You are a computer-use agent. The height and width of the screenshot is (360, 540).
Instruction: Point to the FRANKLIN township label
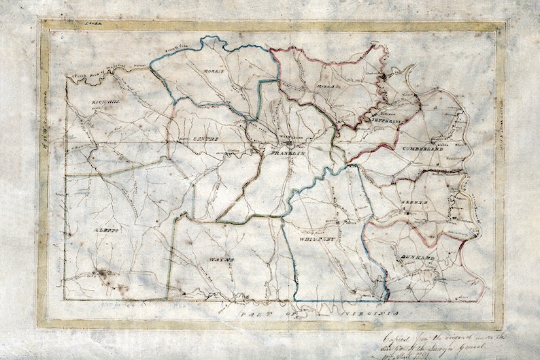point(285,154)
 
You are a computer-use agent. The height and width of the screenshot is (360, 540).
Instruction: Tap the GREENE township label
point(418,203)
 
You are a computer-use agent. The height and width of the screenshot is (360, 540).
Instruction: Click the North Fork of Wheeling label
point(99,68)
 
